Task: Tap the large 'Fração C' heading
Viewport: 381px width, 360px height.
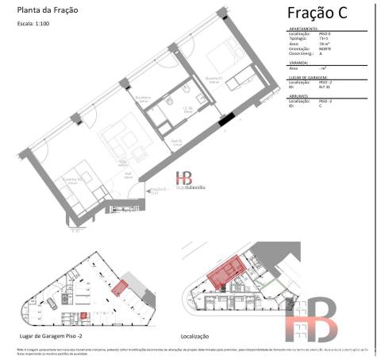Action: point(323,14)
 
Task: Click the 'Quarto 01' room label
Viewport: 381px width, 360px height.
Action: point(212,78)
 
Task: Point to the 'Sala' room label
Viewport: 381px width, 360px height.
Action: point(123,161)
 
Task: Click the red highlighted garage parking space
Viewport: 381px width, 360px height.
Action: point(119,287)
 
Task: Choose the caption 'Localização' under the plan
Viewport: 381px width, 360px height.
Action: point(194,337)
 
